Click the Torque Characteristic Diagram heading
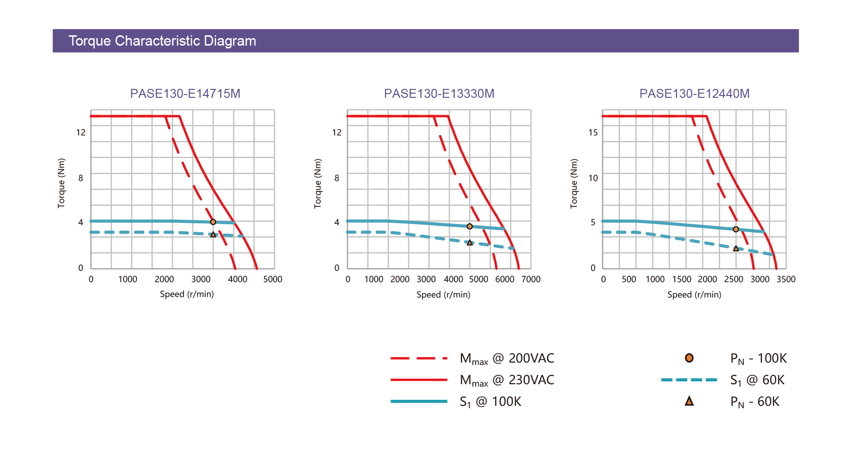(x=162, y=41)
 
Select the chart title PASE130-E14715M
(x=185, y=94)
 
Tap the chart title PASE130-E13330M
(x=439, y=94)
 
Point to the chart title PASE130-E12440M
(x=694, y=94)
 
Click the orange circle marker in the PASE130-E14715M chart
(x=213, y=222)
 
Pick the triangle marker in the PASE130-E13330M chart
(x=470, y=243)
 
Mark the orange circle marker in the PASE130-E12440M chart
(x=736, y=229)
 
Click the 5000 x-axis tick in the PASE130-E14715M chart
(x=272, y=279)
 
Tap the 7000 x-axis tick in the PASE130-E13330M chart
(x=531, y=279)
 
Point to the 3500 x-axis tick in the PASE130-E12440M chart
(x=786, y=279)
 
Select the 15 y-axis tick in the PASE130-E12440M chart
(x=593, y=133)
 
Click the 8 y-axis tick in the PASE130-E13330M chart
(x=336, y=178)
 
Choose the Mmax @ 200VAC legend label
(x=507, y=359)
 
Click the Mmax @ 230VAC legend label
(x=507, y=380)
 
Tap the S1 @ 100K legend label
(x=490, y=402)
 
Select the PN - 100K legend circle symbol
(x=689, y=358)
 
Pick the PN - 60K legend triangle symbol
(x=689, y=401)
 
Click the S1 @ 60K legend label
(x=757, y=380)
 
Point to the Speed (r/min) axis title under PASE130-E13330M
(x=443, y=295)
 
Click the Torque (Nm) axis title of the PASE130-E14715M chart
(x=61, y=183)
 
